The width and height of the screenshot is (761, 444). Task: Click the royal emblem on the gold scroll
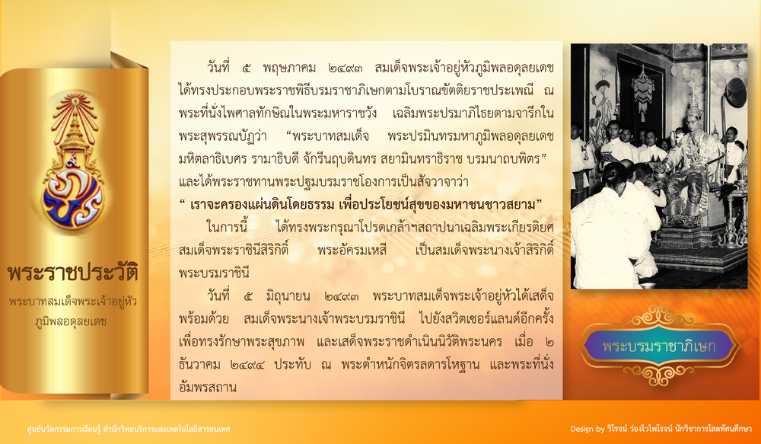point(74,162)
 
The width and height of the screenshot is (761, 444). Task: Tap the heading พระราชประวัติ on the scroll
point(73,273)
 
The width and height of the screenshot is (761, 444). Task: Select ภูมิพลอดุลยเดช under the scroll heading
point(71,321)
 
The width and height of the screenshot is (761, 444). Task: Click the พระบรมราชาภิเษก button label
point(658,347)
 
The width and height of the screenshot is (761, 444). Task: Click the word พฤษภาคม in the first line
point(290,68)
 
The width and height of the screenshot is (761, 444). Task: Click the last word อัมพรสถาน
point(208,388)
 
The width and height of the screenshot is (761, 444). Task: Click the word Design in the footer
point(581,430)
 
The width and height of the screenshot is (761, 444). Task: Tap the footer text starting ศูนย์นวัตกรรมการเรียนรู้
point(129,430)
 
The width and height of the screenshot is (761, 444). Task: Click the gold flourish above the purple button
point(658,317)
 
